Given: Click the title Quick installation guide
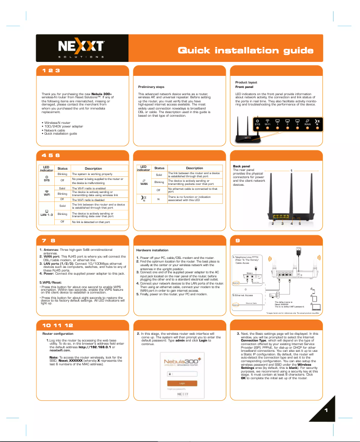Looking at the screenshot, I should point(246,50).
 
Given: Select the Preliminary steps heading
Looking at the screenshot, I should point(151,87).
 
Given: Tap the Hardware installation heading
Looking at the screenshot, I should point(152,250).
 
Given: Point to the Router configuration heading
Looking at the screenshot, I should point(57,334).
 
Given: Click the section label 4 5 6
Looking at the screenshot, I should point(51,155).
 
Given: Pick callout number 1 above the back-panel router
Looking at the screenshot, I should point(292,171).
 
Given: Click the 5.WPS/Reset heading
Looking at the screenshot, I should point(51,282).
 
